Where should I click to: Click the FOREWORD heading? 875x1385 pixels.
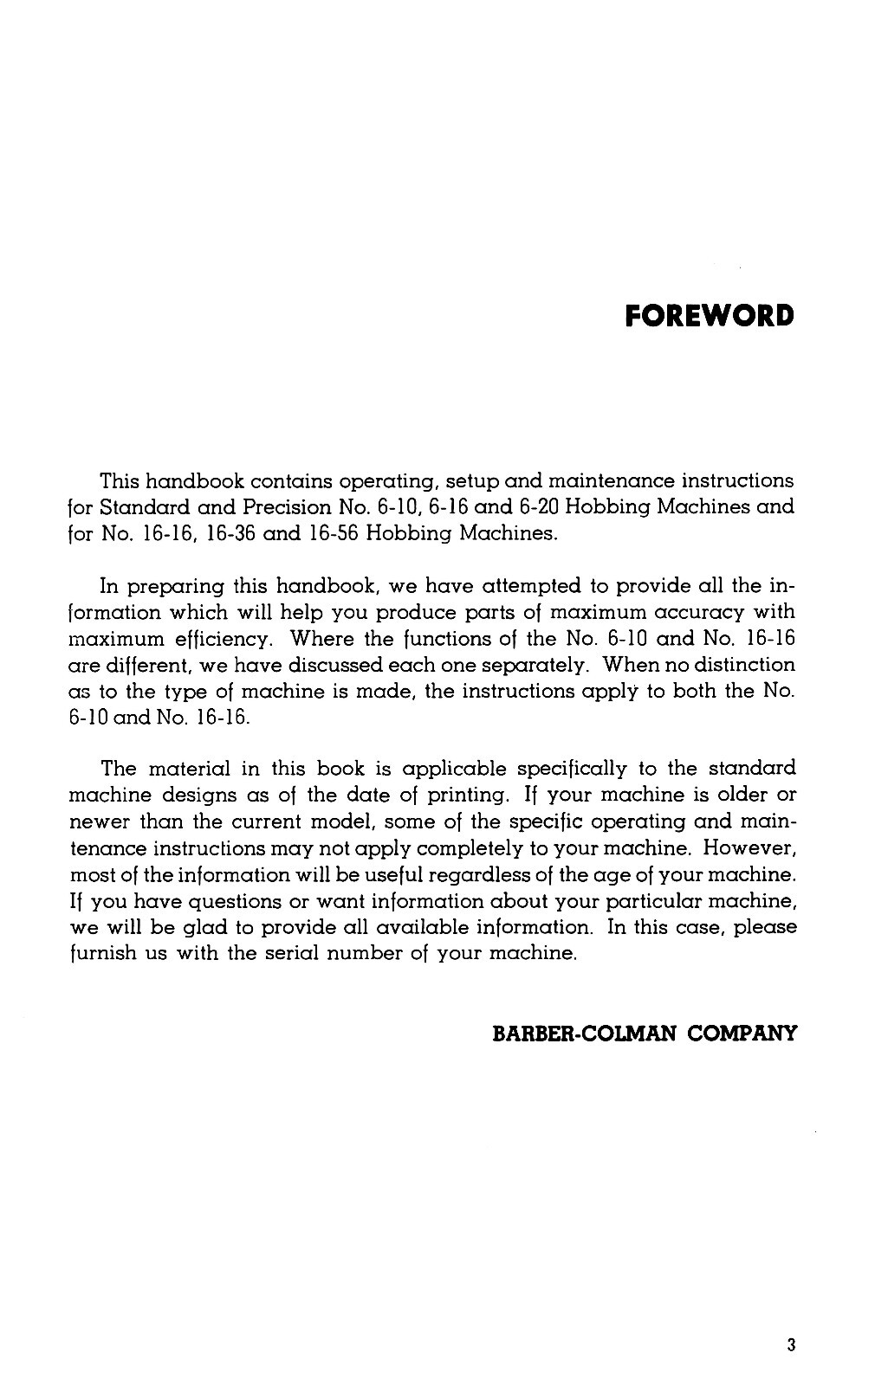[x=709, y=315]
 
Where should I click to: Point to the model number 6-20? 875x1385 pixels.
[x=522, y=506]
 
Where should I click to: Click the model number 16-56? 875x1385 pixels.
[x=329, y=532]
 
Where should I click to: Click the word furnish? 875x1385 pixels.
[x=98, y=954]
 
